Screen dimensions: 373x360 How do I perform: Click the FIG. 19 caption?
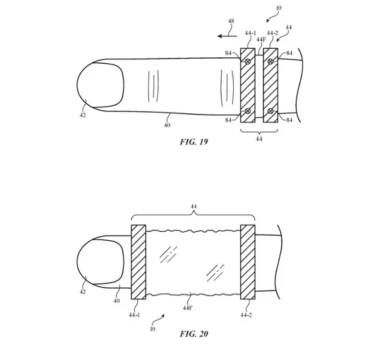(194, 142)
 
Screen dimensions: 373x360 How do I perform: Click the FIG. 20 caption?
(194, 334)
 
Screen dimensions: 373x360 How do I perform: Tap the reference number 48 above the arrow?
(231, 21)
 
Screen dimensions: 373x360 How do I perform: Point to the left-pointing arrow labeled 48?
(227, 36)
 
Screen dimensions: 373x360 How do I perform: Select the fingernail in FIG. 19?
(100, 85)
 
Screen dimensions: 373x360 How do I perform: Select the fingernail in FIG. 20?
(100, 262)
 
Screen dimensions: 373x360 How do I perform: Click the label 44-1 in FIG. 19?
(251, 33)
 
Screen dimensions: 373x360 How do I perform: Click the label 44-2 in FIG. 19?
(273, 33)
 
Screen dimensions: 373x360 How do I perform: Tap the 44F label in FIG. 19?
(261, 39)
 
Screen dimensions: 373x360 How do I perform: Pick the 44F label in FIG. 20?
(187, 308)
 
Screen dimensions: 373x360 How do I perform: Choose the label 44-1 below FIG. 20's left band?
(135, 315)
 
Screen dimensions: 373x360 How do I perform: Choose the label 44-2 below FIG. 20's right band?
(246, 315)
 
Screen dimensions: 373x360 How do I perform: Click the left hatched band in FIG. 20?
(139, 262)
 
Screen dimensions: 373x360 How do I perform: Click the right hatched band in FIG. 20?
(248, 262)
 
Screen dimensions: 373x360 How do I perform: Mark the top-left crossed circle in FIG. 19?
(247, 61)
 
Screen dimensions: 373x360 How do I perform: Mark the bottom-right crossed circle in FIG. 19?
(270, 111)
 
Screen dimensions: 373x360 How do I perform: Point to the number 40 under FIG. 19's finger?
(167, 125)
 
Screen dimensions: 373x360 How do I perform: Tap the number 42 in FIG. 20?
(82, 292)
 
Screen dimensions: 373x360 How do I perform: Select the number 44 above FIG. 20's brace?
(194, 206)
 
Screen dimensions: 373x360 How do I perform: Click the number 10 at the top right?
(278, 8)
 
